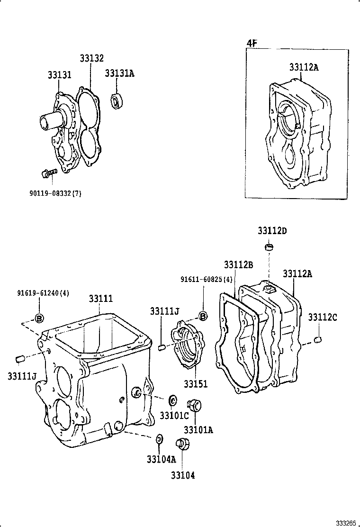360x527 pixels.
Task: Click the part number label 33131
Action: [x=59, y=75]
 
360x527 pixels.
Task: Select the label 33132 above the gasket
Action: [x=91, y=58]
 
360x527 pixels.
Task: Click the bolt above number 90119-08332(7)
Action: [x=48, y=173]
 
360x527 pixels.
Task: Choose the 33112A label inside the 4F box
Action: [x=304, y=67]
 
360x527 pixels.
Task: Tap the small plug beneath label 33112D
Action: [x=269, y=247]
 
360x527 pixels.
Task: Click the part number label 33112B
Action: [x=238, y=264]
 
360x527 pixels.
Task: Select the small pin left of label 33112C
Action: [x=318, y=339]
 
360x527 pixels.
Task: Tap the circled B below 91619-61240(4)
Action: [x=39, y=318]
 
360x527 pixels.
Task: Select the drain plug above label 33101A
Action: [x=193, y=405]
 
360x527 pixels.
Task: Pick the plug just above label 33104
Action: [x=181, y=445]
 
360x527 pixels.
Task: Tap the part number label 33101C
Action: [x=174, y=416]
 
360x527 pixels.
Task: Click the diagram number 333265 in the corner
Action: [x=346, y=523]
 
